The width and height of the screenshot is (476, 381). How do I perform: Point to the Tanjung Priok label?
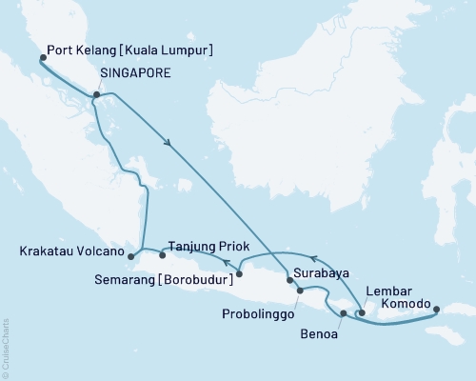208,244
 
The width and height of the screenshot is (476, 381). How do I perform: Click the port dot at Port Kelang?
43,58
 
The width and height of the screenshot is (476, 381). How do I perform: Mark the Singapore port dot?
96,94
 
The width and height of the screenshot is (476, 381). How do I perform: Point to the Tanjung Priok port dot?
162,254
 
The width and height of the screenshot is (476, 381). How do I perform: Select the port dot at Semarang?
239,274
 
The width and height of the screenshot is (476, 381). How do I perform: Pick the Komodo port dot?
437,309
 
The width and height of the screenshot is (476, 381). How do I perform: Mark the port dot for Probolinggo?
300,291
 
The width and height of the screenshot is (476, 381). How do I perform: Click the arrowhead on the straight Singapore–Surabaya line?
169,144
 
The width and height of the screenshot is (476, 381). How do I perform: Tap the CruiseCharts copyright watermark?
6,349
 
